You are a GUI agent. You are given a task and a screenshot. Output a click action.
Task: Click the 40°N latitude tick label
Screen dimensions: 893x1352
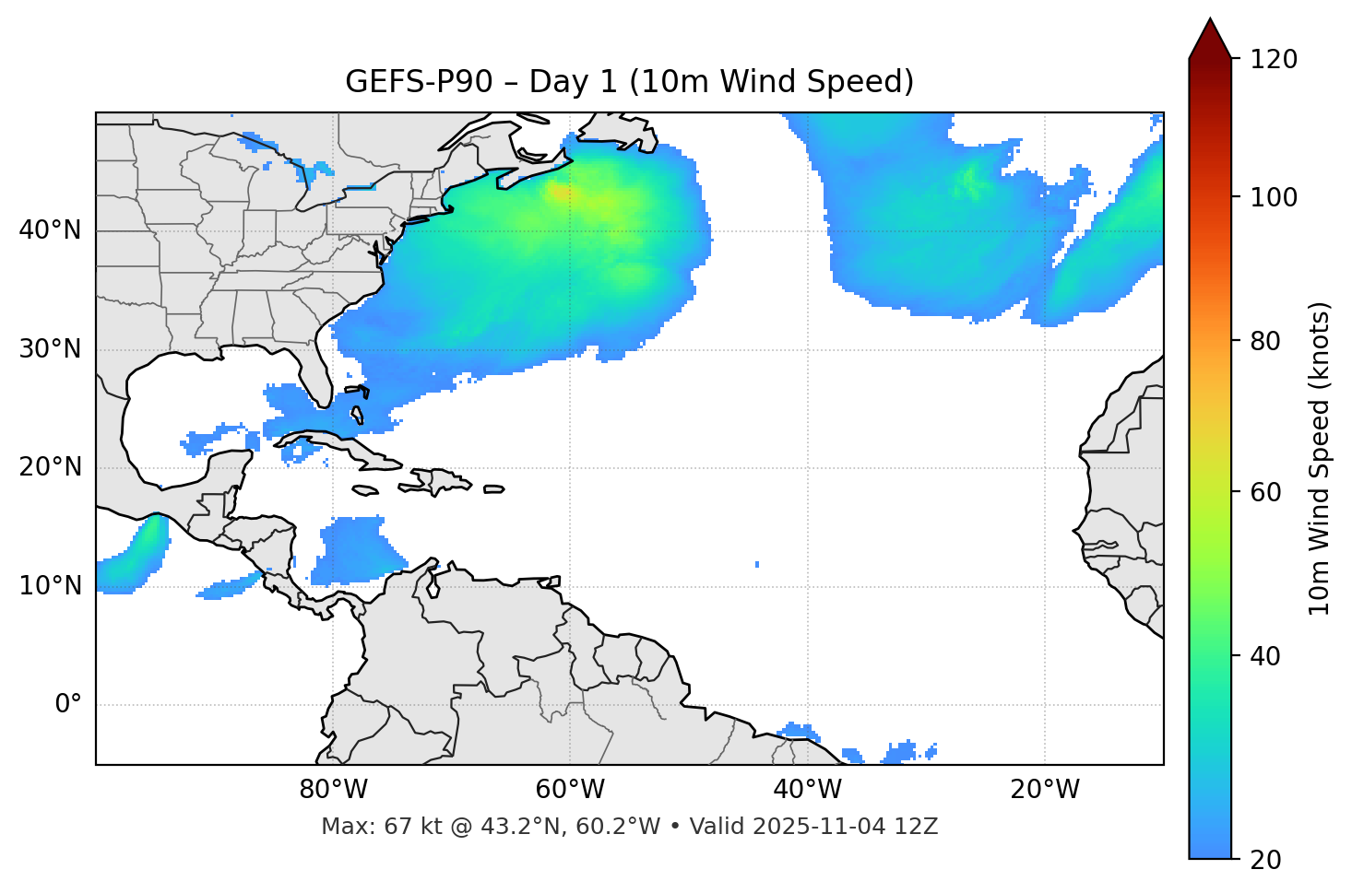[x=50, y=230]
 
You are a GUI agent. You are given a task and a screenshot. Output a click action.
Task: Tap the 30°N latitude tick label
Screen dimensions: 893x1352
[x=50, y=349]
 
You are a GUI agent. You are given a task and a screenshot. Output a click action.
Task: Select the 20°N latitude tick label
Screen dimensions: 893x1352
[x=50, y=467]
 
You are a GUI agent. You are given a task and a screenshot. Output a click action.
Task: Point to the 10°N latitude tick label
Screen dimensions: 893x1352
[x=50, y=586]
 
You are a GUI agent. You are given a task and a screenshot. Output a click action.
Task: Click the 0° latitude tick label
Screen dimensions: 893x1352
[x=67, y=705]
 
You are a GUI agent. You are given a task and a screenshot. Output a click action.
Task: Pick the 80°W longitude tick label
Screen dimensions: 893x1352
[x=333, y=790]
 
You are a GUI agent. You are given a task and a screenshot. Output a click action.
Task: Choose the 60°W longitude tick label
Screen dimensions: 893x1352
[x=570, y=790]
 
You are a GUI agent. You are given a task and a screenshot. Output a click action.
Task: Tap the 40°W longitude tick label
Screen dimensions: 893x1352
[x=808, y=790]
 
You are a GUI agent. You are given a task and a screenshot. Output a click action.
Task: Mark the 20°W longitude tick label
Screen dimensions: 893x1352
[x=1045, y=790]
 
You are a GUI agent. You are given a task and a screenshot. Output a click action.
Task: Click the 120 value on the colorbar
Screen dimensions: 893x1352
[x=1275, y=59]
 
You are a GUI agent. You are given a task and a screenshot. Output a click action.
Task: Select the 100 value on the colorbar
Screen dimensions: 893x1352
[x=1275, y=197]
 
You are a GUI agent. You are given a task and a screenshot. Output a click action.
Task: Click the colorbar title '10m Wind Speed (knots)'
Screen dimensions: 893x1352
[x=1320, y=458]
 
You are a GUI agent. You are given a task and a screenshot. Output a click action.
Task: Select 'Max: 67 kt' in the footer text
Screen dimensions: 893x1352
[x=364, y=827]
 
